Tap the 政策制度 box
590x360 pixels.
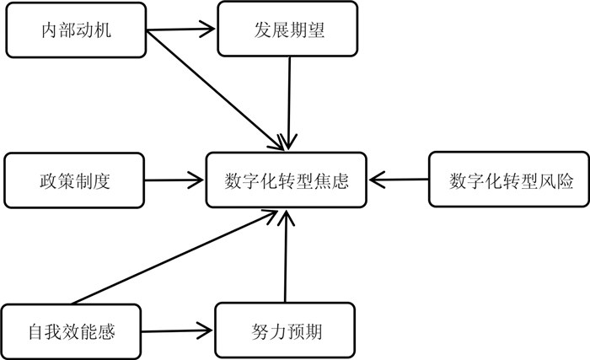point(75,180)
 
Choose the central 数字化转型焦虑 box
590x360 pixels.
point(287,180)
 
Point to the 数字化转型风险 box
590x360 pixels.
point(507,180)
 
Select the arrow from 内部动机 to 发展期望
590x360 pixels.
point(181,32)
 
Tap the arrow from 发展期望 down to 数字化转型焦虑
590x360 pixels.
point(289,101)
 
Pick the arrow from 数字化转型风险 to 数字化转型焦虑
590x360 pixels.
point(401,180)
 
